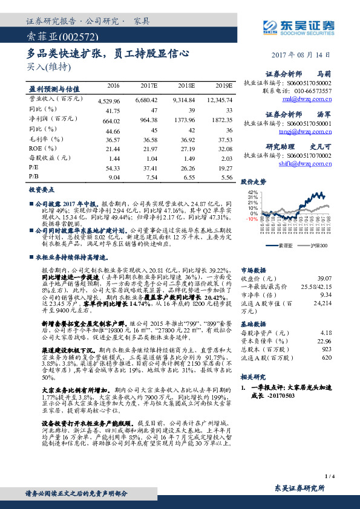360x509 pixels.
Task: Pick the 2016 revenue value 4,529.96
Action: click(x=109, y=99)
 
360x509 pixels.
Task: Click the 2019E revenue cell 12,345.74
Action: click(x=220, y=99)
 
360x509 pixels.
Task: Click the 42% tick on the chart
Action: click(x=252, y=192)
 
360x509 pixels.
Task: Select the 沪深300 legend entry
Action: click(x=318, y=245)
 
